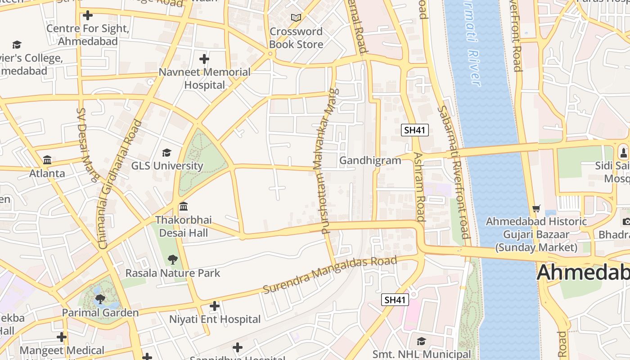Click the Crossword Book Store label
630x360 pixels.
296,38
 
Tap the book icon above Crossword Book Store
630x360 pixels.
296,18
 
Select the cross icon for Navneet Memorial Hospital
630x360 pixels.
204,59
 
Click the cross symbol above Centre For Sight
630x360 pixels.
88,16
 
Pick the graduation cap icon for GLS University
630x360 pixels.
166,153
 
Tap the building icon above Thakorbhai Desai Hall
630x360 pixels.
184,207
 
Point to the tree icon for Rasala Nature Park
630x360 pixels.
172,259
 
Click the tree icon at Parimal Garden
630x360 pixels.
100,299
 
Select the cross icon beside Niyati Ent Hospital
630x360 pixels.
215,306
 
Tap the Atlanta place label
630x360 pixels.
47,173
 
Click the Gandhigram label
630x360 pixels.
370,161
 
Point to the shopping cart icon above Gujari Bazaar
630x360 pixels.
536,208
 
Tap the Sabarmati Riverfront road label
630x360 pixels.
454,172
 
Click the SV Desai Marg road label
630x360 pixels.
87,144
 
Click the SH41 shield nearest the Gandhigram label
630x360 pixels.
414,130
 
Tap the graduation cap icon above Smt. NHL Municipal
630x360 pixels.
421,341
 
